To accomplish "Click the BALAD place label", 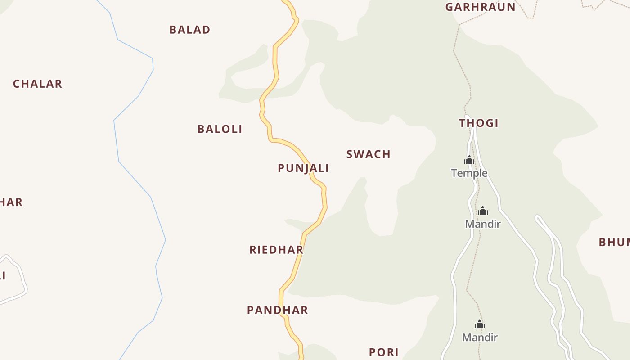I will tap(190, 30).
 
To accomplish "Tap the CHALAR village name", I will tap(37, 84).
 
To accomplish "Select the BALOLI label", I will tap(220, 129).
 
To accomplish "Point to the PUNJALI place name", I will tap(303, 168).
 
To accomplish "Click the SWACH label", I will tap(369, 154).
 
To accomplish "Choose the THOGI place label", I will tap(479, 123).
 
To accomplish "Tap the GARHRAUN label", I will tap(480, 7).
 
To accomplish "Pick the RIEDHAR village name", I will tap(276, 250).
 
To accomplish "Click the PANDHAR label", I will tap(278, 310).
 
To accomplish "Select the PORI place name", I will tap(384, 352).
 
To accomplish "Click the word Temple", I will tap(469, 173).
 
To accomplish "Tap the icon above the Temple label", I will tap(469, 160).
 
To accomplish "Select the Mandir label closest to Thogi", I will tap(483, 224).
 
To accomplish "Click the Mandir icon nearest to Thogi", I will tap(483, 211).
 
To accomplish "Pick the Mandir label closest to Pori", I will tap(480, 337).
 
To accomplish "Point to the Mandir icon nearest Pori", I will tap(480, 324).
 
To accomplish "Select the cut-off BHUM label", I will tap(614, 242).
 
